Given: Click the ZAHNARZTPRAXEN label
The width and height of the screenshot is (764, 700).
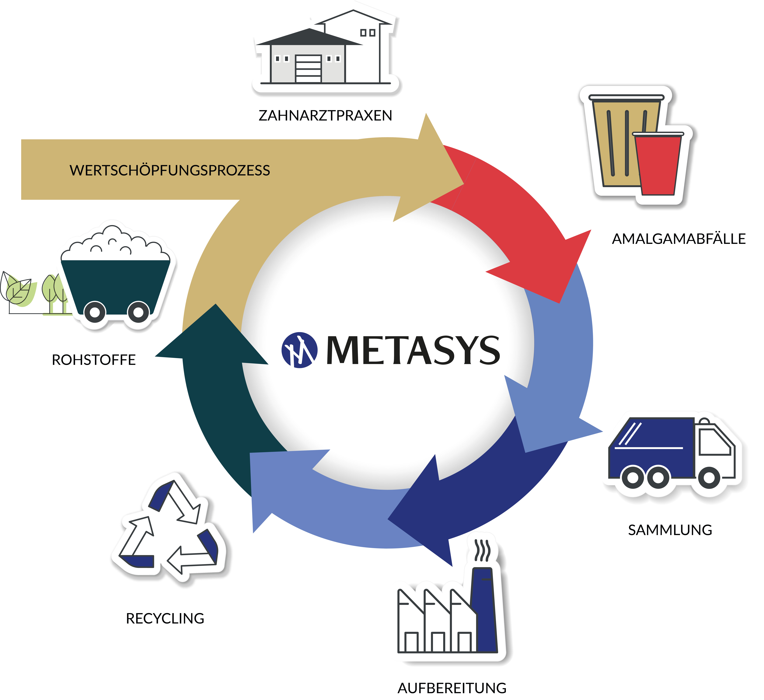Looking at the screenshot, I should pos(325,116).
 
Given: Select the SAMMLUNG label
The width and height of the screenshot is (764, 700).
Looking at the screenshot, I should pos(670,530).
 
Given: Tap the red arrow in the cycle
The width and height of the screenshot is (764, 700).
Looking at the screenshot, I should pos(523,224).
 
